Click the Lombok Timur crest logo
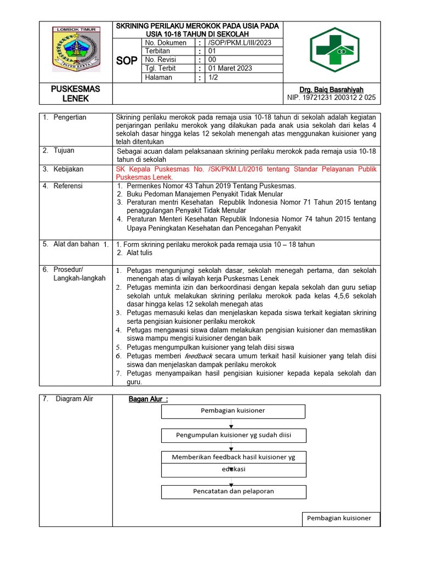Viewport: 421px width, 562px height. tap(76, 49)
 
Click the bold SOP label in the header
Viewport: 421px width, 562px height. tap(127, 61)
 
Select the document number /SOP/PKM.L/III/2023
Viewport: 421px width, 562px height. tap(240, 43)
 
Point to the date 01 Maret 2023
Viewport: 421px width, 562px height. tap(230, 69)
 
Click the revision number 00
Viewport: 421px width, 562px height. tap(213, 60)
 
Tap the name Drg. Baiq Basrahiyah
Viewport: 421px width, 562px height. tap(331, 89)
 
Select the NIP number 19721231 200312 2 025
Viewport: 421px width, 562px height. tap(331, 98)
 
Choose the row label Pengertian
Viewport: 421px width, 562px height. tap(70, 117)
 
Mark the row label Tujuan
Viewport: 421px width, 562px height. tap(64, 150)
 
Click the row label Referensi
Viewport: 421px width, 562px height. tap(68, 186)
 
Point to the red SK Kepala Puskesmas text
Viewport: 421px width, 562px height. tap(246, 173)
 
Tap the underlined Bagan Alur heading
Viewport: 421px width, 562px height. tap(148, 399)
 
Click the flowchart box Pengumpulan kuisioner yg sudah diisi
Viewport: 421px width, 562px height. tap(234, 435)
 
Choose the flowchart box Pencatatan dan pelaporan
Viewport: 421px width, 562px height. tap(234, 491)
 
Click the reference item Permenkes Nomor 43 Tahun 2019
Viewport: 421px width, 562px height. tap(211, 186)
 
